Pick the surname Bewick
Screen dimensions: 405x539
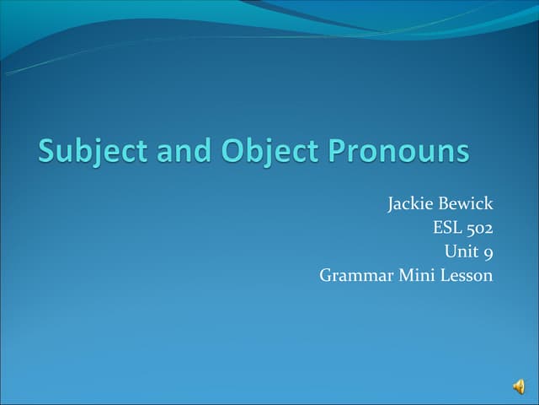coord(466,203)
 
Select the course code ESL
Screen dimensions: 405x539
coord(446,227)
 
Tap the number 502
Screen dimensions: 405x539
coord(478,227)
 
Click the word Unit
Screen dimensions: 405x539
coord(460,251)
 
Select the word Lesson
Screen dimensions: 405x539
coord(464,275)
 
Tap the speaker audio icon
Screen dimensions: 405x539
coord(518,386)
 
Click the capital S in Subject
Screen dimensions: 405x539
coord(47,151)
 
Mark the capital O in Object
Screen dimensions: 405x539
coord(232,151)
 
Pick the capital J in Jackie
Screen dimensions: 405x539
coord(391,204)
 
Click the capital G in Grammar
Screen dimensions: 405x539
coord(327,275)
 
